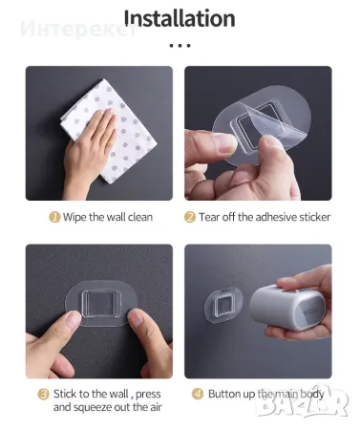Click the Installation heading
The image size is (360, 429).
coord(180,18)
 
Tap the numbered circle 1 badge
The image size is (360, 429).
coord(54,217)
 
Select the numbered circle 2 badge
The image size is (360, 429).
coord(190,217)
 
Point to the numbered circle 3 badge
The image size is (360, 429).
coord(44,395)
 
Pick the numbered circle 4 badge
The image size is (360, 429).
coord(198,394)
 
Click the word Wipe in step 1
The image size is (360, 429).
coord(74,217)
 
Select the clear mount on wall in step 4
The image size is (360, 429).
coord(223,306)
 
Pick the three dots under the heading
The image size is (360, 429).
coord(180,46)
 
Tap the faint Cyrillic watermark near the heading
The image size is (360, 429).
coord(78,30)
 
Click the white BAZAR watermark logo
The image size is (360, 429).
coord(303,402)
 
